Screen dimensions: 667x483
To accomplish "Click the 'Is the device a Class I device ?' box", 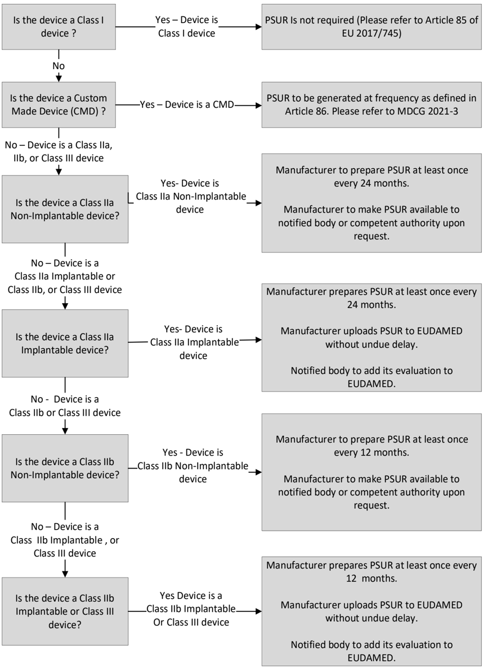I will [x=65, y=26].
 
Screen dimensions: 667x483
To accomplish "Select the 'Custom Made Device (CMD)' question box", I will [x=65, y=106].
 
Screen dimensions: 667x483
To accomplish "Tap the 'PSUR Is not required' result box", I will [x=372, y=26].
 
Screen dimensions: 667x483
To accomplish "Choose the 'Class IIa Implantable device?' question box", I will [x=65, y=343].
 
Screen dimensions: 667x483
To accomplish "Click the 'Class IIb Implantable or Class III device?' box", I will [x=65, y=611].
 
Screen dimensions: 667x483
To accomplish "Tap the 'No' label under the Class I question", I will [x=59, y=66].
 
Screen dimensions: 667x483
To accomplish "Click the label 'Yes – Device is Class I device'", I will [x=187, y=26].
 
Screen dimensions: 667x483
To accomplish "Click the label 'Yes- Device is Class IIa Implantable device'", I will [x=194, y=342].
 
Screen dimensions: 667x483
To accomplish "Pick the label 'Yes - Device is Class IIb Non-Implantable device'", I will [x=193, y=466].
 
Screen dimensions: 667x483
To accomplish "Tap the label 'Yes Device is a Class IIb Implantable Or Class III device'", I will [x=191, y=609].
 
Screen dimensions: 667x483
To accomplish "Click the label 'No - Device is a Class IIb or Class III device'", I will [x=65, y=405].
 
